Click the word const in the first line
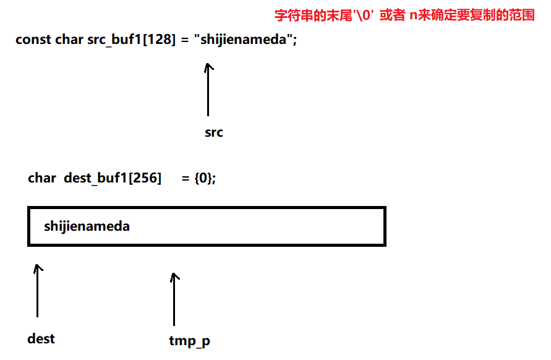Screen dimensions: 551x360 [33, 40]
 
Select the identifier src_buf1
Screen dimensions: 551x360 [114, 40]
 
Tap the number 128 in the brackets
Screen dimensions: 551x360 [158, 39]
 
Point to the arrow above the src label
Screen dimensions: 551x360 [208, 89]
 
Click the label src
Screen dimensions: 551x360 [213, 132]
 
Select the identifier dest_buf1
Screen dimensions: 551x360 [95, 178]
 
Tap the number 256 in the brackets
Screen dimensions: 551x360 [145, 178]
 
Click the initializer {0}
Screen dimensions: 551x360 [203, 178]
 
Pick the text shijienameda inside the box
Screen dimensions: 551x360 [87, 226]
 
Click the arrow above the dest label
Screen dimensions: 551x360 [38, 291]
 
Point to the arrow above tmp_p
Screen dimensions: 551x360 [174, 299]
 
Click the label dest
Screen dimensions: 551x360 [41, 338]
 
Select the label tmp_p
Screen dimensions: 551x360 [189, 341]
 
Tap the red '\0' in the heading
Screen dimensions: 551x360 [362, 15]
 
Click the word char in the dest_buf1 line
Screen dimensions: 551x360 [42, 178]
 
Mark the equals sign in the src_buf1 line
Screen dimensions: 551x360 [185, 40]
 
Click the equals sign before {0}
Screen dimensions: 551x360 [186, 179]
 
